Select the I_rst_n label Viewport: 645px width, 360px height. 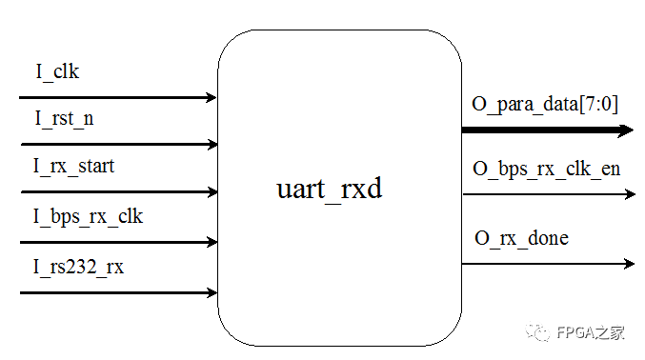pyautogui.click(x=65, y=119)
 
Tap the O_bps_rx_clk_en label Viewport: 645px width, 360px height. pyautogui.click(x=547, y=169)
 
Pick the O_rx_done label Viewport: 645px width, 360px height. pyautogui.click(x=521, y=237)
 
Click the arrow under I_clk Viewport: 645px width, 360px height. pyautogui.click(x=118, y=97)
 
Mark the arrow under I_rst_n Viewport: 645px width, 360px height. pyautogui.click(x=118, y=145)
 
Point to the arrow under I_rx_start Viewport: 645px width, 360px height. pyautogui.click(x=118, y=191)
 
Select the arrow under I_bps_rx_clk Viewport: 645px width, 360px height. pyautogui.click(x=118, y=242)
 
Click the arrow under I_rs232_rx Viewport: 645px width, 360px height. pyautogui.click(x=118, y=291)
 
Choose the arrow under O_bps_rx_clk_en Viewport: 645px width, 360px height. pyautogui.click(x=549, y=194)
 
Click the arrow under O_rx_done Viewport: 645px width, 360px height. pyautogui.click(x=549, y=263)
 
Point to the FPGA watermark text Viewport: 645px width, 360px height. pyautogui.click(x=595, y=333)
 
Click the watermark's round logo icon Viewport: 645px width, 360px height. pyautogui.click(x=542, y=333)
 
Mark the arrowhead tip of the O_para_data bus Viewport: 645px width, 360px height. pyautogui.click(x=632, y=130)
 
